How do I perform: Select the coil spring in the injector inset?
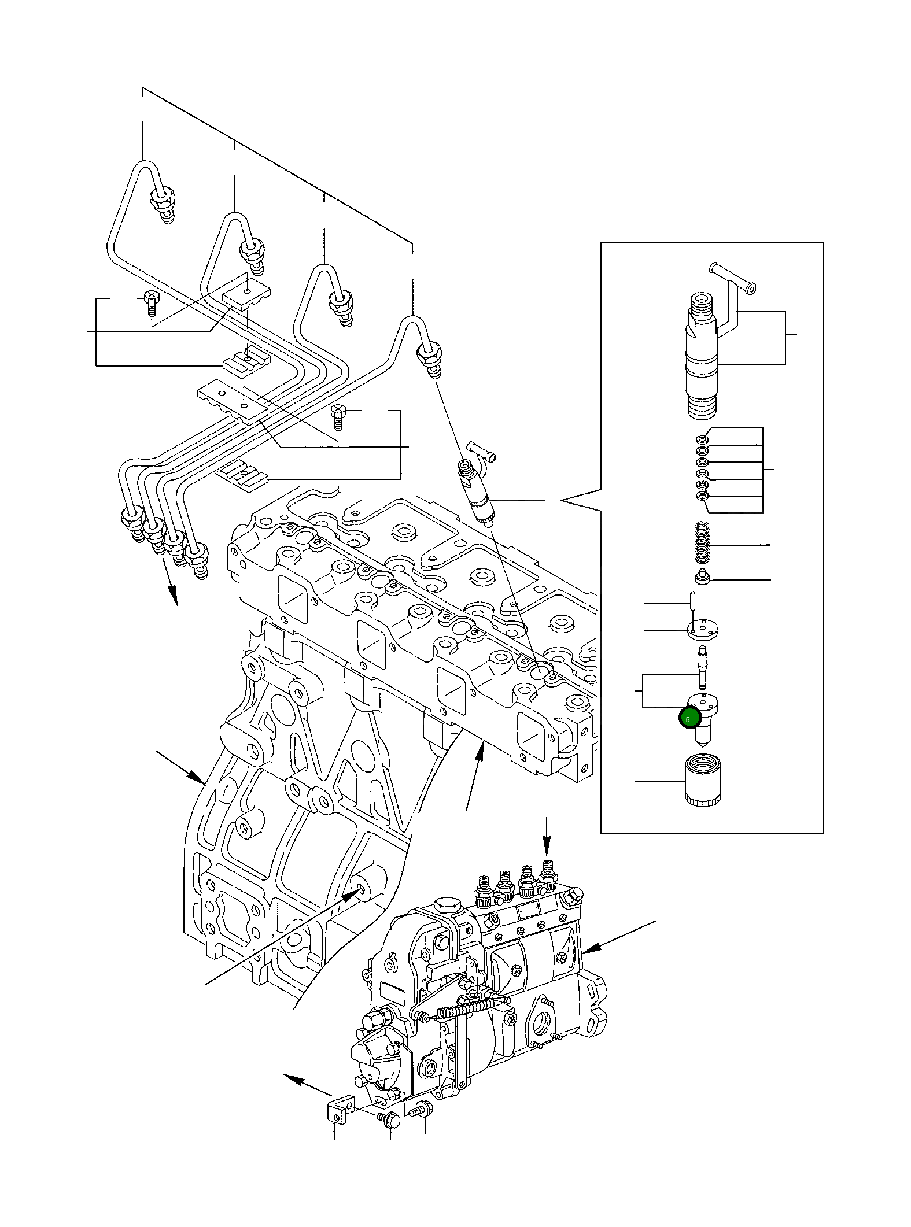point(701,544)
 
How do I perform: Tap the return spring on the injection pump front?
point(466,1010)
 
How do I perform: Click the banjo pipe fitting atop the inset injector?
point(733,278)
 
